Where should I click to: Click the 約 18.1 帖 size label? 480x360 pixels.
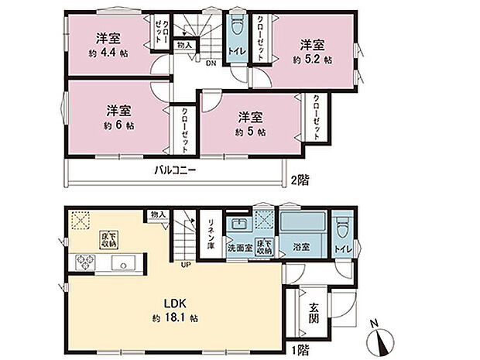pyautogui.click(x=174, y=317)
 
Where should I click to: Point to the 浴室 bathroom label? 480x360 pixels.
pyautogui.click(x=300, y=248)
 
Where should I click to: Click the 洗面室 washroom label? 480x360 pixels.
pyautogui.click(x=240, y=249)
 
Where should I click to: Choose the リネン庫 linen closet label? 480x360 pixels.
pyautogui.click(x=209, y=232)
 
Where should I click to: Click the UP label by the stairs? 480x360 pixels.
pyautogui.click(x=185, y=266)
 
